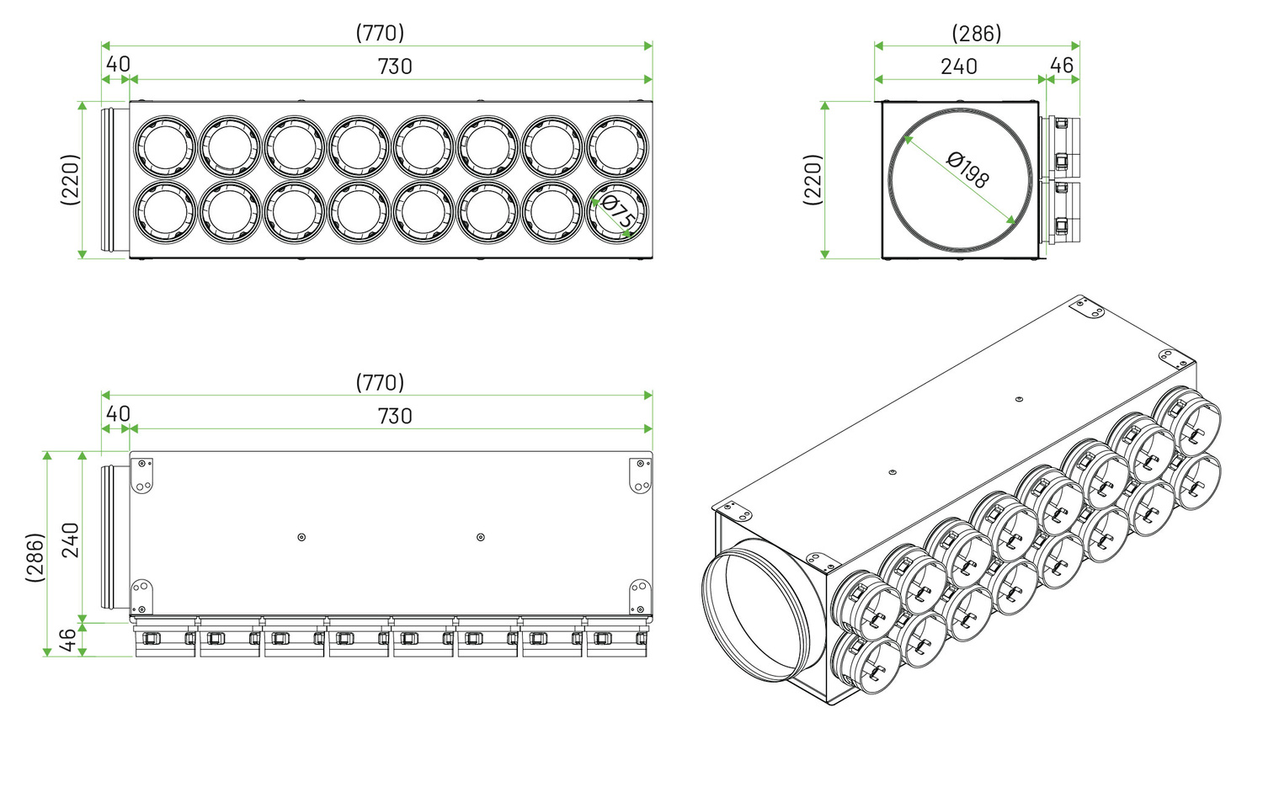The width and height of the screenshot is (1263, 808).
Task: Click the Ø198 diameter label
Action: pos(967,170)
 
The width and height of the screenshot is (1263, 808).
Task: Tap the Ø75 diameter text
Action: pos(617,210)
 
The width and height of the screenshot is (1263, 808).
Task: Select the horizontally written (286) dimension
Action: pos(977,33)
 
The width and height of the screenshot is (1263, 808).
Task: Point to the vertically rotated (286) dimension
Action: pos(35,556)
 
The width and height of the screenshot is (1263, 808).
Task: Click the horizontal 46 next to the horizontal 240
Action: pos(1062,66)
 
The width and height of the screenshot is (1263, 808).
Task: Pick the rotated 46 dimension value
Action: pos(67,640)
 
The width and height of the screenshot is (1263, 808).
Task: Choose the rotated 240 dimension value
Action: pos(70,540)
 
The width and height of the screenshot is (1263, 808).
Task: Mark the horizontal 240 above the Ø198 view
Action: pos(958,66)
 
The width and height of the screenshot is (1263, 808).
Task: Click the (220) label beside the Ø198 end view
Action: pos(813,179)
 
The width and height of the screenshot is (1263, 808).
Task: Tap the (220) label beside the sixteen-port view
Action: pos(70,179)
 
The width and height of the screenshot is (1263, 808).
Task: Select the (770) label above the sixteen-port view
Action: pos(380,33)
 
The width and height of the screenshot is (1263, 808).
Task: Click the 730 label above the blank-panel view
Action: pos(395,417)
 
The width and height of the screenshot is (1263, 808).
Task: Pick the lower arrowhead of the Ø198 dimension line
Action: pos(1011,220)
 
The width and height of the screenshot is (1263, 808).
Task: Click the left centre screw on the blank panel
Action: pos(301,537)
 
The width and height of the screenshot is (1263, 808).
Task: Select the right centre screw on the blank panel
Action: pos(481,537)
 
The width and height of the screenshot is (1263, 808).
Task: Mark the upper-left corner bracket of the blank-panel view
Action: pos(141,475)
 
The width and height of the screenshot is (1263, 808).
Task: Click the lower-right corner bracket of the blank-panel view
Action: pos(641,596)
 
